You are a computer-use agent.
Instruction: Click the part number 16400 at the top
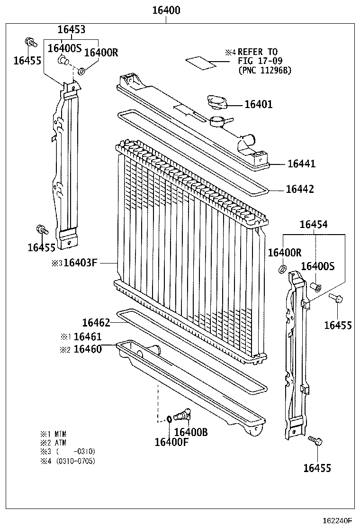pyautogui.click(x=166, y=10)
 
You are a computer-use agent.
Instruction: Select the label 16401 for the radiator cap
pyautogui.click(x=258, y=104)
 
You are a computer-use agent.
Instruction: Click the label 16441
pyautogui.click(x=301, y=164)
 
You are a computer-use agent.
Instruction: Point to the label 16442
pyautogui.click(x=300, y=189)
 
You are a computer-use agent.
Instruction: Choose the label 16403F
pyautogui.click(x=80, y=262)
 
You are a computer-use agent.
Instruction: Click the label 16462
pyautogui.click(x=96, y=323)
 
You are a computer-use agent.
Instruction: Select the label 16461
pyautogui.click(x=88, y=337)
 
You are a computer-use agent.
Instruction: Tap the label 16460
pyautogui.click(x=88, y=350)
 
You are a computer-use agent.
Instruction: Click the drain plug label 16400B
pyautogui.click(x=191, y=432)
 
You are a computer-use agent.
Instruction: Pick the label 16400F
pyautogui.click(x=171, y=442)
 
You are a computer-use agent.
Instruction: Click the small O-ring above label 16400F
pyautogui.click(x=169, y=419)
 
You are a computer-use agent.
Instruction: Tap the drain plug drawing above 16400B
pyautogui.click(x=182, y=415)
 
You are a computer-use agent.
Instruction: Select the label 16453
pyautogui.click(x=72, y=29)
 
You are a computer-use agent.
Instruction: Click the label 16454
pyautogui.click(x=313, y=224)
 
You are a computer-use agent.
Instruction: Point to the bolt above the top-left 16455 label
pyautogui.click(x=30, y=43)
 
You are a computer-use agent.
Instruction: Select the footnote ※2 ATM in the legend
pyautogui.click(x=54, y=442)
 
